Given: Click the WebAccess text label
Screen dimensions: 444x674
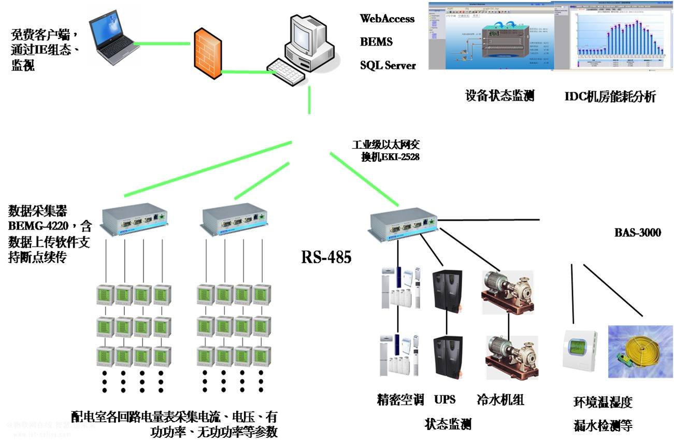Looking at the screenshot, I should click(x=387, y=19).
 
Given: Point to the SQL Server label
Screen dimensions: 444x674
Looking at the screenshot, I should click(x=388, y=65).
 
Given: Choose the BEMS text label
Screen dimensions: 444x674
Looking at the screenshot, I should click(x=376, y=42).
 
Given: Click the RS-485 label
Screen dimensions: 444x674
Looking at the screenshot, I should click(x=326, y=257).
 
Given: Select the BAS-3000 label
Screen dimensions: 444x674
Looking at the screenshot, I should click(x=637, y=233).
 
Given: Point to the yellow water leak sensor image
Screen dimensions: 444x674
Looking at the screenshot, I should click(x=640, y=349).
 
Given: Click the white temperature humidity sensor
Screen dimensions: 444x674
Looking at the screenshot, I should click(x=580, y=351).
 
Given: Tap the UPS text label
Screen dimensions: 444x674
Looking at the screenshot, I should click(x=444, y=399).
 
